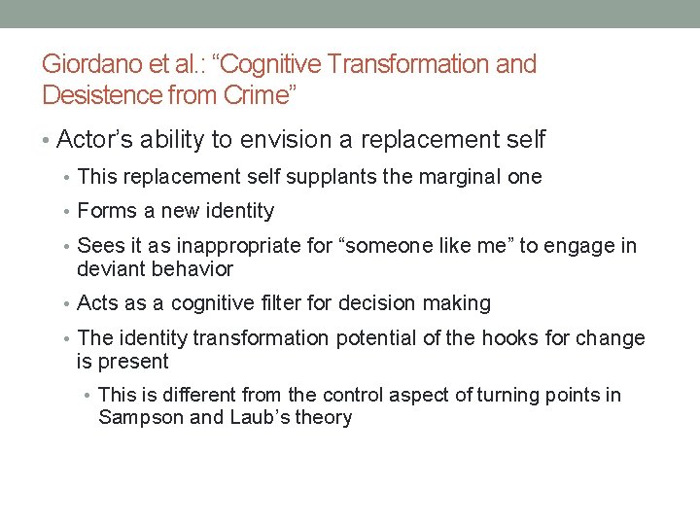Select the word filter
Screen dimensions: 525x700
274,303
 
